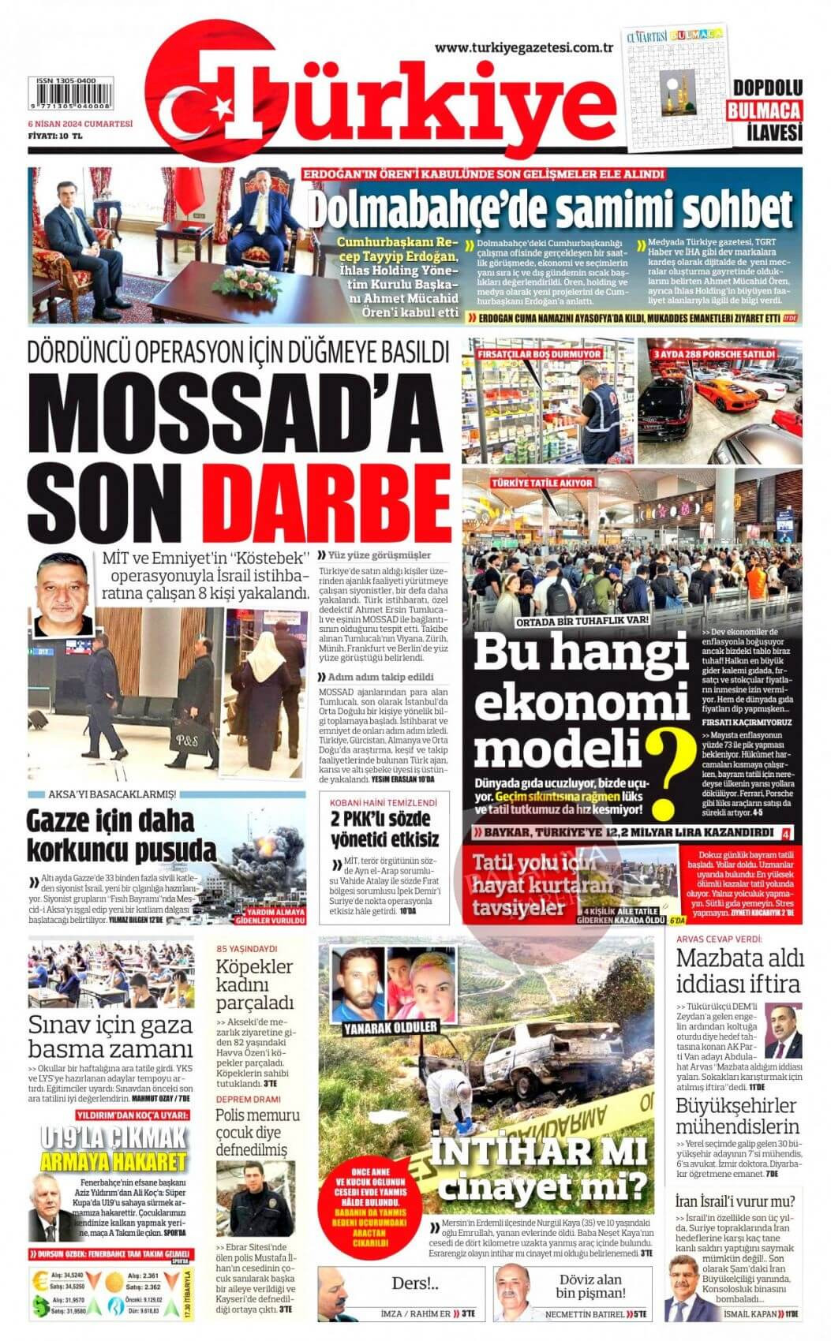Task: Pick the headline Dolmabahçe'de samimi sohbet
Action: (x=549, y=209)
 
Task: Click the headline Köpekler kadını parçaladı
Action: (x=255, y=986)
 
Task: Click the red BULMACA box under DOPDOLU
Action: (x=763, y=110)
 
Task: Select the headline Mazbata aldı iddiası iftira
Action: (x=739, y=971)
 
